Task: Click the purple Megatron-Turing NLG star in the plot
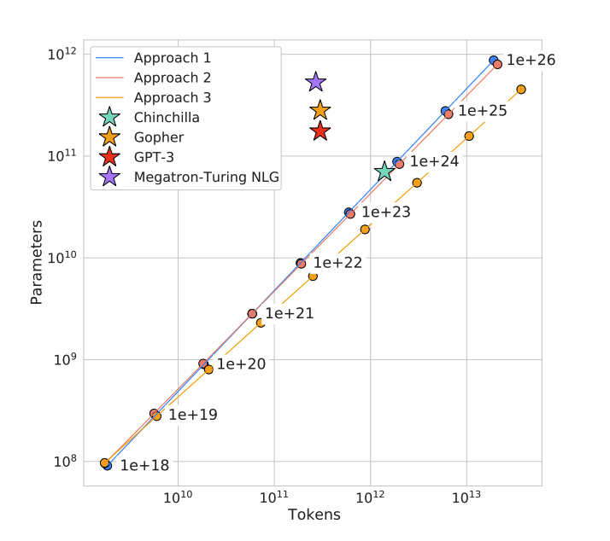click(315, 82)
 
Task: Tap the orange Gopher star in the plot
click(320, 110)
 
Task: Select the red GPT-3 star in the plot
click(320, 131)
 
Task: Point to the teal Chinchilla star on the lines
click(384, 172)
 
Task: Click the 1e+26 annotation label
click(531, 61)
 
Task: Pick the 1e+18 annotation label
click(144, 466)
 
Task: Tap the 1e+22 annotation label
click(337, 263)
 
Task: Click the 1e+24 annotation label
click(434, 161)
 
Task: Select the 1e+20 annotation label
click(241, 364)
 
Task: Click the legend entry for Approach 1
click(172, 59)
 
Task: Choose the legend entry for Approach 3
click(172, 98)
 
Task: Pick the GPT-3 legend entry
click(154, 157)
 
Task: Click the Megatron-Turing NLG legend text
click(207, 177)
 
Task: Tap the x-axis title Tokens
click(314, 515)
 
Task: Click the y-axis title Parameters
click(37, 263)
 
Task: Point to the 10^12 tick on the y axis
click(62, 55)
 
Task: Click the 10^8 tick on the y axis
click(62, 462)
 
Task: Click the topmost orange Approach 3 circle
click(521, 90)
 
